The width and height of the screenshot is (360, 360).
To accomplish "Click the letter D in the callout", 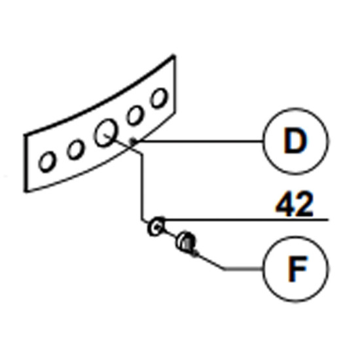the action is click(295, 141).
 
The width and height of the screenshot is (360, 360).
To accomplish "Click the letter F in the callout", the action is click(298, 268).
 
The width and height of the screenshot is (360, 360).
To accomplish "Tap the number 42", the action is click(295, 204).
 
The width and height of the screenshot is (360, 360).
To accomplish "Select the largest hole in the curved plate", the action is click(105, 133).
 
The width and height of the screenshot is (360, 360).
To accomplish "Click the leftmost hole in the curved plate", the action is click(47, 162).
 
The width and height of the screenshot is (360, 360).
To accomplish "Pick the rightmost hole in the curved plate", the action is click(158, 98).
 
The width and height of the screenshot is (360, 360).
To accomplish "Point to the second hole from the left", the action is click(75, 149).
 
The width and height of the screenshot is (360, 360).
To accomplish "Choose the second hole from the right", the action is click(135, 115).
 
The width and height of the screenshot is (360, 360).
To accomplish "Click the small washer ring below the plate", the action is click(156, 226).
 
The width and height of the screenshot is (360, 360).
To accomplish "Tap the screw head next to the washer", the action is click(186, 241).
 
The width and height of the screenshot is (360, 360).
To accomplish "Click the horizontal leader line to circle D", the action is click(200, 141).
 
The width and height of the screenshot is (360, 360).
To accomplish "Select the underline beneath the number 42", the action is click(245, 220).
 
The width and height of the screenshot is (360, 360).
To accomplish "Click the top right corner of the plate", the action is click(174, 56).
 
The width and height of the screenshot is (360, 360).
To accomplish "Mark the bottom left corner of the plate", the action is click(26, 190).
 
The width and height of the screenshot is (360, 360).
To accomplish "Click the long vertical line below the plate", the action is click(142, 187).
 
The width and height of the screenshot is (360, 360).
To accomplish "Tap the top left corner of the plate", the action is click(26, 135).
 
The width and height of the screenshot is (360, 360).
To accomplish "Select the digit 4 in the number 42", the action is click(284, 204).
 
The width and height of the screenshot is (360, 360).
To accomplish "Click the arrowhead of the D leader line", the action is click(134, 141).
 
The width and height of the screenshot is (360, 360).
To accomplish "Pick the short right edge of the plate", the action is click(175, 84).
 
